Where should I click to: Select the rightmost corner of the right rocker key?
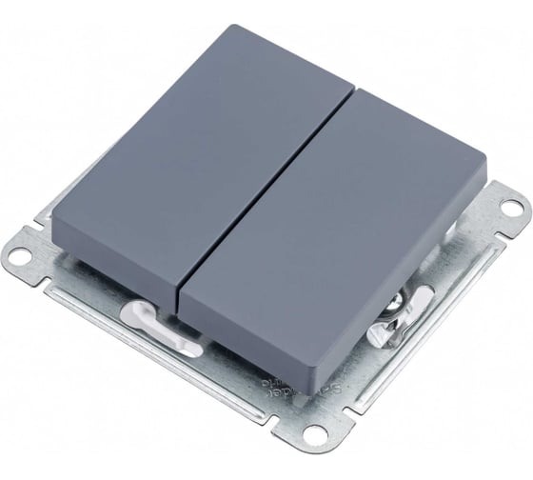[x=485, y=180]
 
